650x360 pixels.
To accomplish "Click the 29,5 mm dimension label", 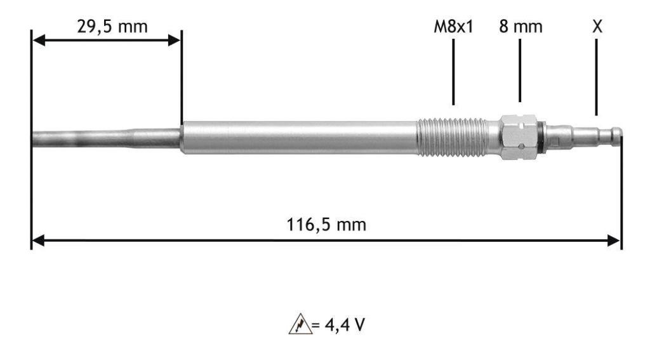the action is (112, 27).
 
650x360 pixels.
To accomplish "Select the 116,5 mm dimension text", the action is (326, 225).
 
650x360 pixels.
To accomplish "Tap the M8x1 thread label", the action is (453, 27).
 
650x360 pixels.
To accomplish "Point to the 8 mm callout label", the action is (521, 27).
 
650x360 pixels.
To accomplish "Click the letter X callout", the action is (597, 27).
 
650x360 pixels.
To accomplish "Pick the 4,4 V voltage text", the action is (345, 324).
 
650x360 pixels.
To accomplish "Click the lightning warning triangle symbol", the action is (300, 324).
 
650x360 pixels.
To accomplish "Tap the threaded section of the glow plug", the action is (452, 137).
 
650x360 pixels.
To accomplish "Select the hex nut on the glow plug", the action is (519, 137).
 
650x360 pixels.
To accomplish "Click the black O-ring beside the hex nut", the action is (541, 137).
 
